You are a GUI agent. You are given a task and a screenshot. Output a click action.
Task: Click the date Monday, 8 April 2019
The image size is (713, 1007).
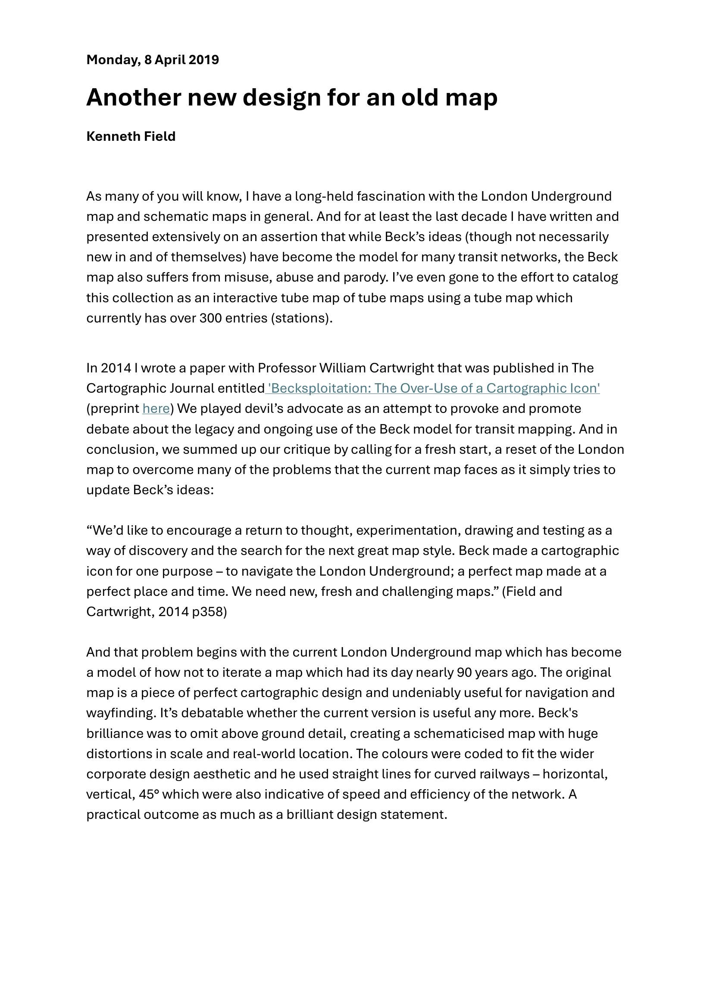152,60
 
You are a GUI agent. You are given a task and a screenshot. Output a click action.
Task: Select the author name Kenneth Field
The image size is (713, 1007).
131,136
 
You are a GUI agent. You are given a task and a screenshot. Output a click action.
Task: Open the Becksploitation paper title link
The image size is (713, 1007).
433,388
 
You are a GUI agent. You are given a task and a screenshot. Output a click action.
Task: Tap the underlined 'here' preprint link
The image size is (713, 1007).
156,409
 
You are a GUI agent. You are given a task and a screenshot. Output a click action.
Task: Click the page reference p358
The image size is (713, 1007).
210,612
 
